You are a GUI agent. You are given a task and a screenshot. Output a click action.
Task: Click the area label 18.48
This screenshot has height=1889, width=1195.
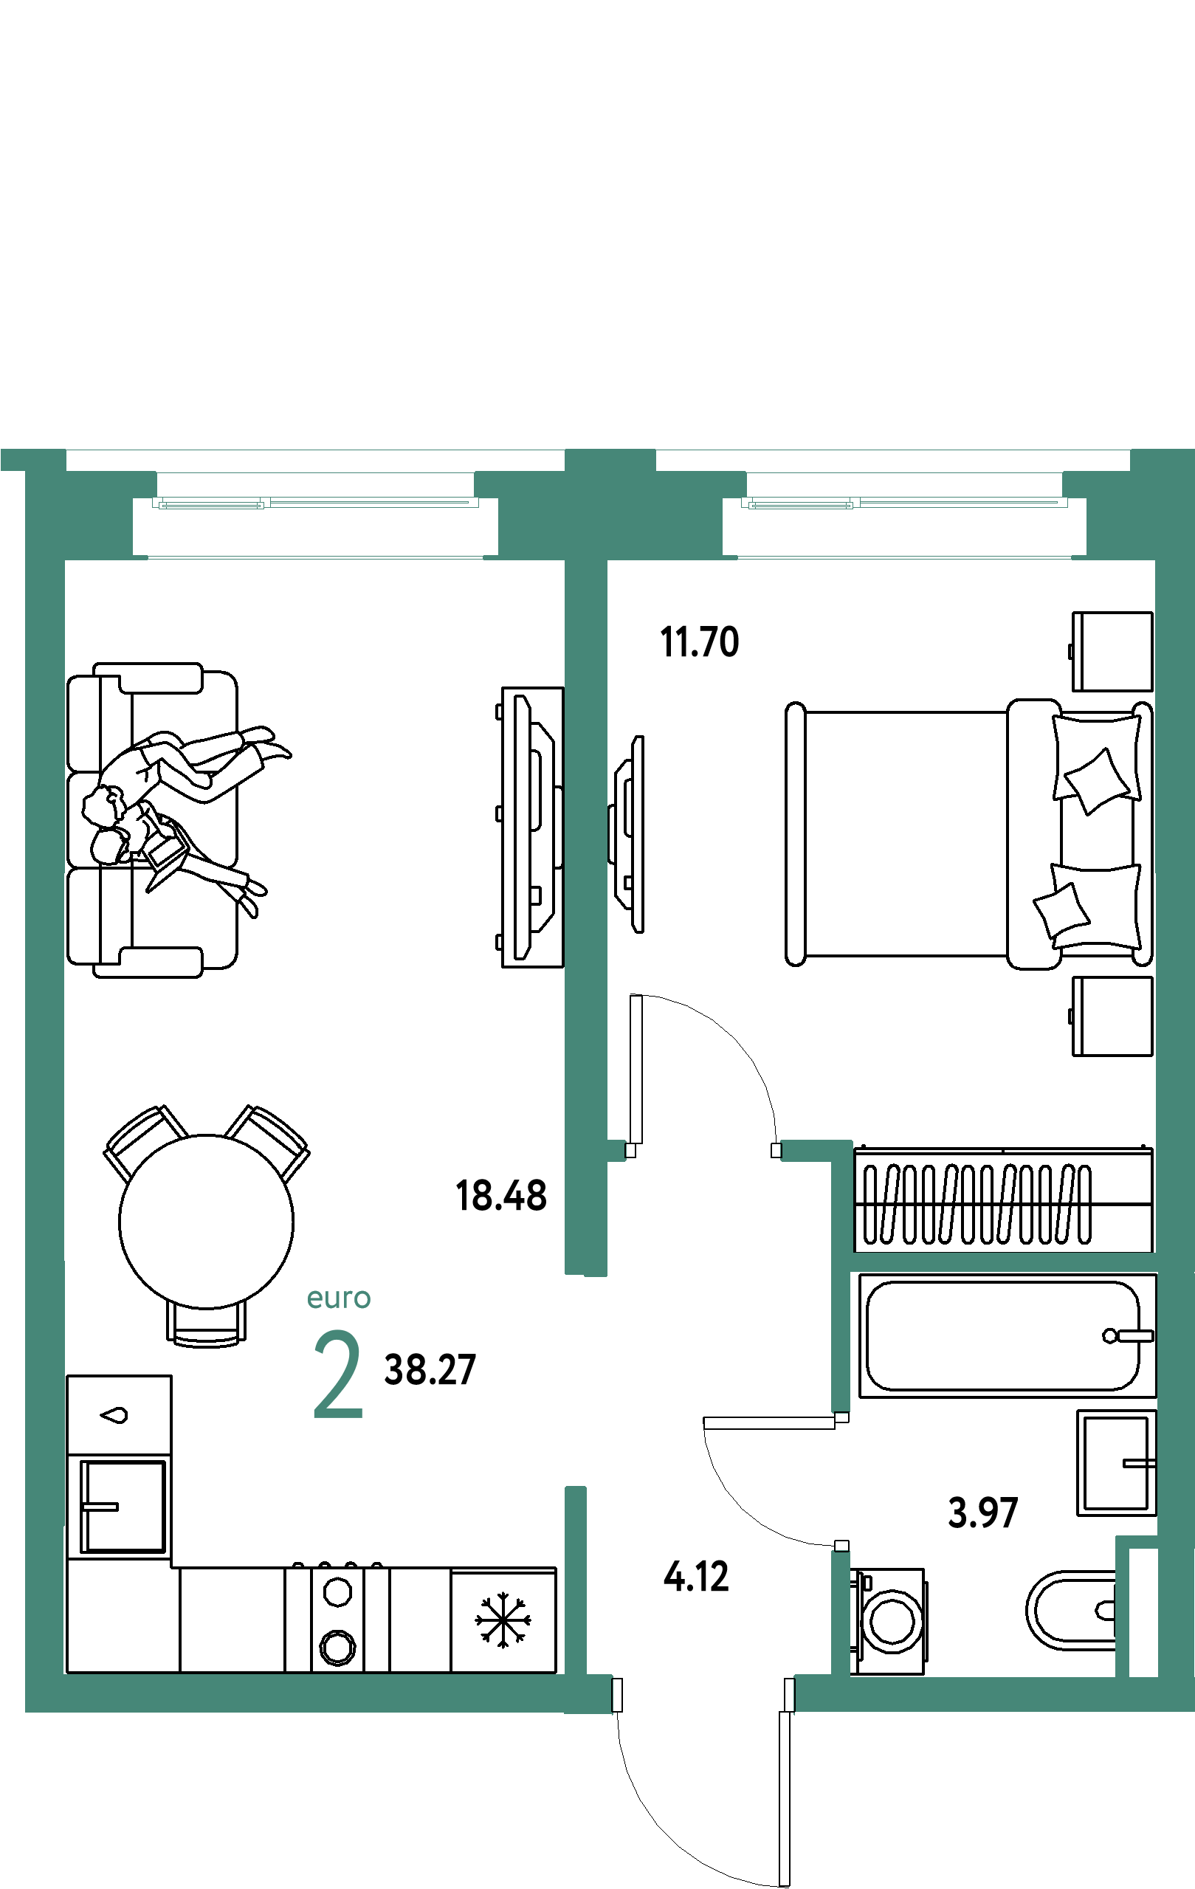500,1196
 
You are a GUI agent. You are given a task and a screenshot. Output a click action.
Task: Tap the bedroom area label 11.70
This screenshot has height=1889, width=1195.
699,641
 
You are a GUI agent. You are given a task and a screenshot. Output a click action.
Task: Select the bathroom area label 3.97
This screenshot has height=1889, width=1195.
982,1513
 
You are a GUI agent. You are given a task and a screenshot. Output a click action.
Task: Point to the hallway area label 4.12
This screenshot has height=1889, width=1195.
696,1577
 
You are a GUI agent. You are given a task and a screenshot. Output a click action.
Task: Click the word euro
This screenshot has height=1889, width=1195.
338,1298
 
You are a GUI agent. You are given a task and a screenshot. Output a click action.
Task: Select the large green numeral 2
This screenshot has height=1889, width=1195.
338,1374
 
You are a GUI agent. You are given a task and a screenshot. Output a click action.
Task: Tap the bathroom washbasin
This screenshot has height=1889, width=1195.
1116,1463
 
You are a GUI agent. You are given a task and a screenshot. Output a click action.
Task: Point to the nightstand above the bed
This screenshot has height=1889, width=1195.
1112,651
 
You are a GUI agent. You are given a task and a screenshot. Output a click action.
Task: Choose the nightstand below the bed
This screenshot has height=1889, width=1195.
1112,1016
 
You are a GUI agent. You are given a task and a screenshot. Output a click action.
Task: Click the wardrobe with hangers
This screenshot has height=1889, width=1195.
1004,1200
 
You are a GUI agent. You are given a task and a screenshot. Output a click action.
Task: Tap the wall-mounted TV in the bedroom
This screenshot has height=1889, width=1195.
627,834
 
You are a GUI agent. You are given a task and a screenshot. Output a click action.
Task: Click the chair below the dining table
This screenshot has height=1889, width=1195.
207,1324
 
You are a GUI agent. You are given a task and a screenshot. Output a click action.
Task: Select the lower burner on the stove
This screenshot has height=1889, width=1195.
338,1646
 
